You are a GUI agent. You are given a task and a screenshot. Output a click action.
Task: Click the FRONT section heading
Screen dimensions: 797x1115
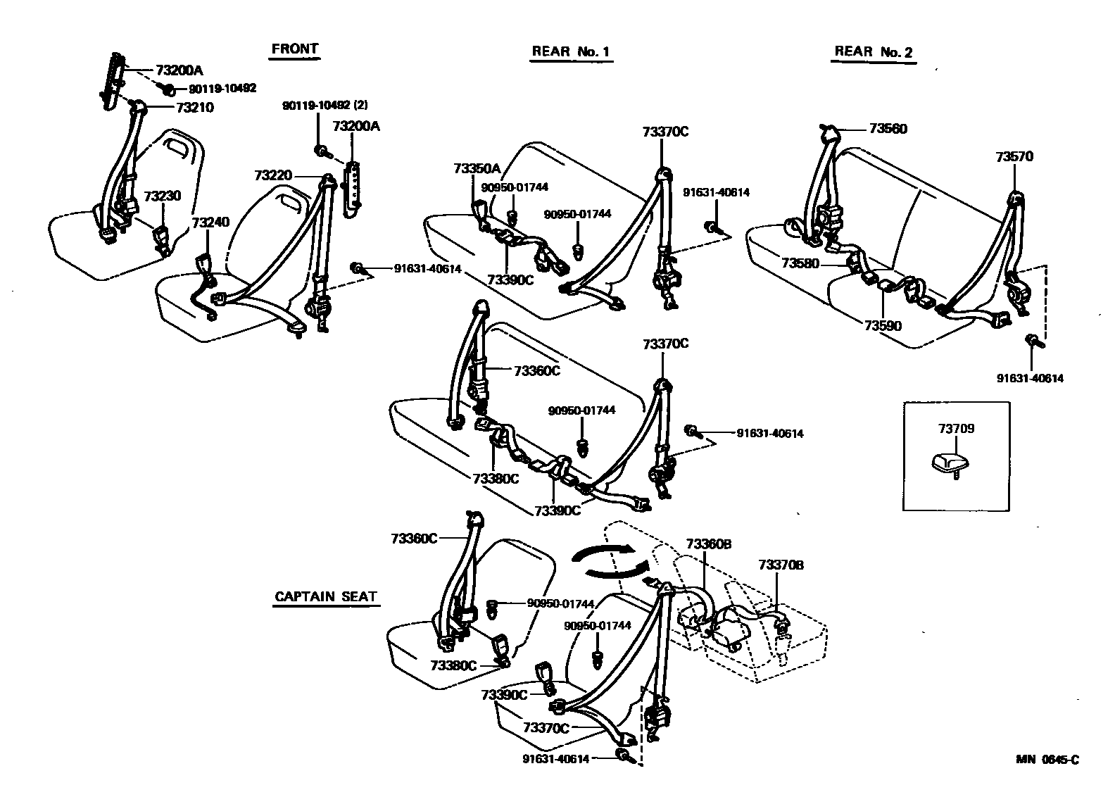[x=295, y=49]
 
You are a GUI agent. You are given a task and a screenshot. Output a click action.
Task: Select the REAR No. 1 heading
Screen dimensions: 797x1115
[x=571, y=51]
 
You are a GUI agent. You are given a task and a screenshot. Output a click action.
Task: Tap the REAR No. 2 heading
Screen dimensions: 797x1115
[x=873, y=51]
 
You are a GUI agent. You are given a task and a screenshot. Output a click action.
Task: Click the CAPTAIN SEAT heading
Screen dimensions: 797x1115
[x=326, y=596]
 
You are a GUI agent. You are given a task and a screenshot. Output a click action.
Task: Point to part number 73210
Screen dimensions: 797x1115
[x=195, y=108]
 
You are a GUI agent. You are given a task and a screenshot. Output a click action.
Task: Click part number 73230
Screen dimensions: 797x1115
[x=163, y=196]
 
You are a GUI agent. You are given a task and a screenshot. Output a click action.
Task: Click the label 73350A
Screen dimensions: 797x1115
[x=477, y=168]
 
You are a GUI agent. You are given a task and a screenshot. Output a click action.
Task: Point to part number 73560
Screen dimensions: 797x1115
[x=888, y=129]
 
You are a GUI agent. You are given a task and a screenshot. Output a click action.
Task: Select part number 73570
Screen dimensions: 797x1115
[x=1014, y=156]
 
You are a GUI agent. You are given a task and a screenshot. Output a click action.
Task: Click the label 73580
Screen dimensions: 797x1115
[x=800, y=263]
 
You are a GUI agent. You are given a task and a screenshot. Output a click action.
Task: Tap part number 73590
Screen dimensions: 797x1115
[x=883, y=326]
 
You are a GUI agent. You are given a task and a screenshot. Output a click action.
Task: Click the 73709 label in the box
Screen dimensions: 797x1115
[x=956, y=428]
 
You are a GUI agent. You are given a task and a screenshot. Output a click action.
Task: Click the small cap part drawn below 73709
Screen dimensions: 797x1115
[x=952, y=463]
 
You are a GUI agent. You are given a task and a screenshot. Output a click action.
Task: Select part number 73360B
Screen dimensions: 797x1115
[x=709, y=544]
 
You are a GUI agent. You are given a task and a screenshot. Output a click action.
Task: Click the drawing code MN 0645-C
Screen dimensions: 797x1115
[x=1047, y=759]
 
